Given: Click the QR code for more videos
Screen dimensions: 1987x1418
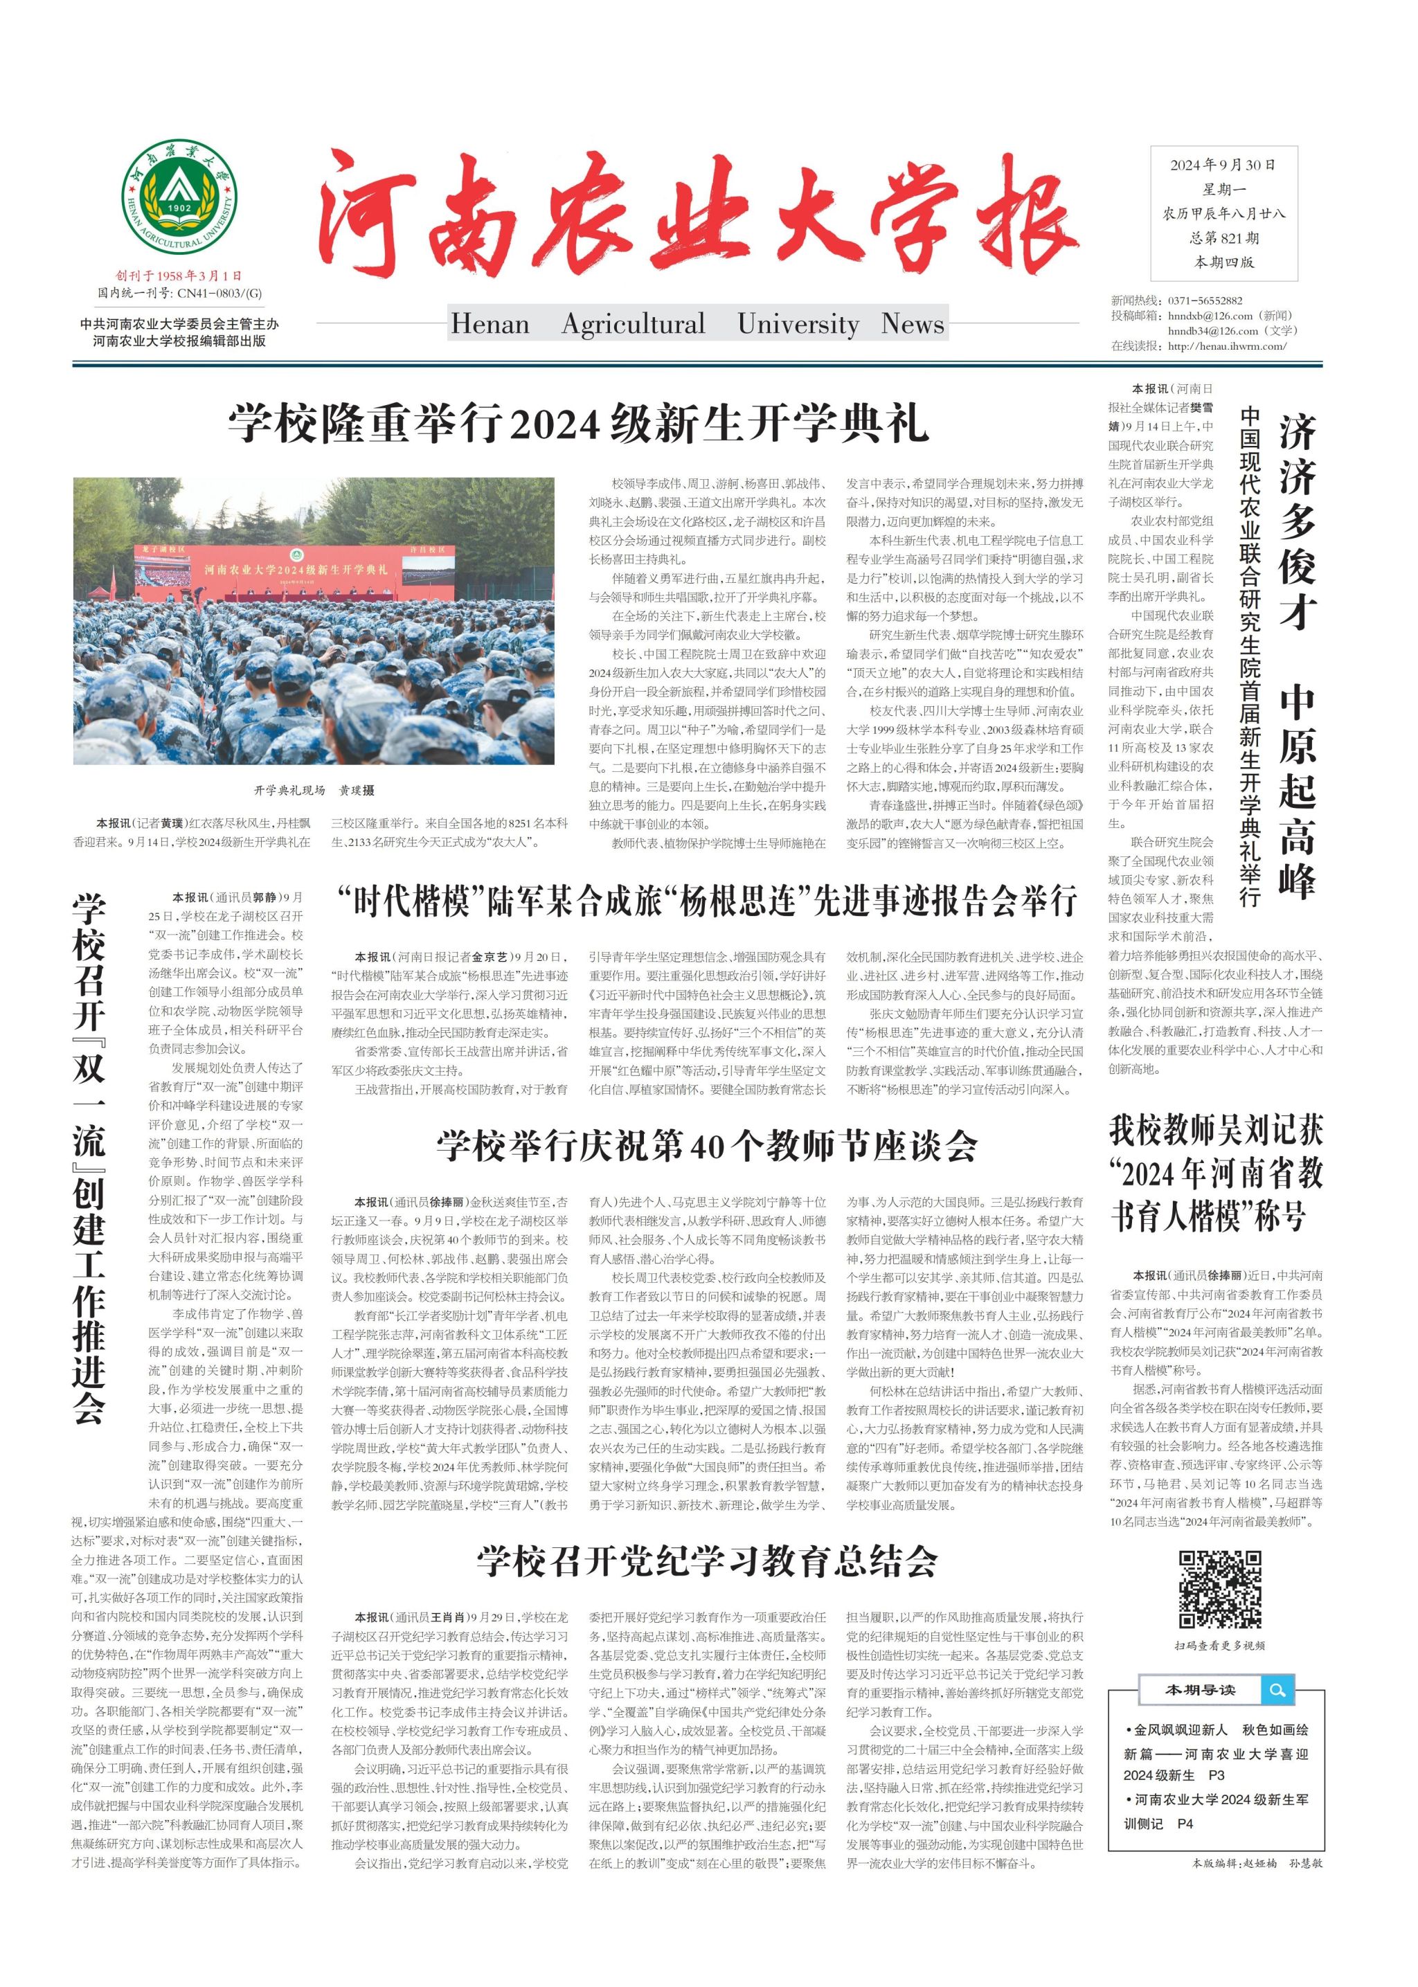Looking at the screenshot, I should (x=1220, y=1590).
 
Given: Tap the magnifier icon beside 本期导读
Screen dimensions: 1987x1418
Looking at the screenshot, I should (x=1277, y=1690).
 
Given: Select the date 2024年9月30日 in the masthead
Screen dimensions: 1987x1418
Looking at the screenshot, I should (x=1223, y=165).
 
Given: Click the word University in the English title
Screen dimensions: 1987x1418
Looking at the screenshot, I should (x=798, y=324).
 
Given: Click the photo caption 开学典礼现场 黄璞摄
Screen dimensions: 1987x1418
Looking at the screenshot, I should (x=314, y=790).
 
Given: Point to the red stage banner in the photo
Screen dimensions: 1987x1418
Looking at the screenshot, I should (x=297, y=568).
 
